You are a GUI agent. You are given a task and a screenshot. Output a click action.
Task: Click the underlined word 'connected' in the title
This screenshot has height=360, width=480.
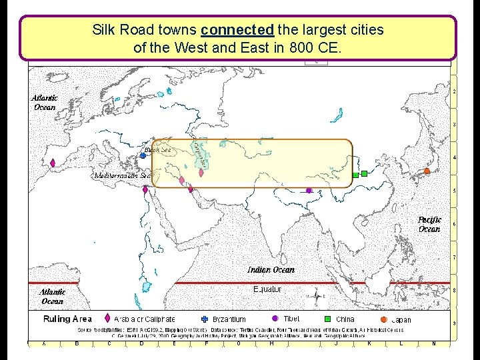(237, 30)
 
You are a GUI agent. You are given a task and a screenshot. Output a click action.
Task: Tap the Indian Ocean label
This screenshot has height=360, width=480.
(271, 270)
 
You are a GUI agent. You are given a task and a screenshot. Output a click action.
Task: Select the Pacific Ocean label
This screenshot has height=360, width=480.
(429, 224)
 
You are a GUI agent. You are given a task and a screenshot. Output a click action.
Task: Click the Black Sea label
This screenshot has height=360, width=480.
(159, 150)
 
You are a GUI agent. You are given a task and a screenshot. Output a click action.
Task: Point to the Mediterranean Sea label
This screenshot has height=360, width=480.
(124, 176)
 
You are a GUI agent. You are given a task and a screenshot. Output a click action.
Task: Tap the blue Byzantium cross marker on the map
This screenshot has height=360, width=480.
(143, 155)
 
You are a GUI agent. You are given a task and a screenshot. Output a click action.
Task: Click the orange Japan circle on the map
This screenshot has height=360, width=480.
(427, 171)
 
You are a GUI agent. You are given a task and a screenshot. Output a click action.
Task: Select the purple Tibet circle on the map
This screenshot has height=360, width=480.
(309, 191)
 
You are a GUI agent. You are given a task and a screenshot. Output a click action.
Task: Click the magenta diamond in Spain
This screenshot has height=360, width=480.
(53, 163)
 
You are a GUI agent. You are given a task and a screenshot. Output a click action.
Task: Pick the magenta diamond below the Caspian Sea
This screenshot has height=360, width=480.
(201, 173)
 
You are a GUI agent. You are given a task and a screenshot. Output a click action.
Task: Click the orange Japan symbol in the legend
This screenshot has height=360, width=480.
(384, 319)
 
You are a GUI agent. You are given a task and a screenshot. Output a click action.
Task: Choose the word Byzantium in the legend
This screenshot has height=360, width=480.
(229, 320)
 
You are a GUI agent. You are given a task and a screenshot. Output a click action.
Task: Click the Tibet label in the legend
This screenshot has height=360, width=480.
(291, 319)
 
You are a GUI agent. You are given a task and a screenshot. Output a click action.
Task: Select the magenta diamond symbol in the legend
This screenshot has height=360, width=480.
(107, 319)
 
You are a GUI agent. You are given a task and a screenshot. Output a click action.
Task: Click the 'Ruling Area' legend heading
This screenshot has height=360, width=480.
(67, 319)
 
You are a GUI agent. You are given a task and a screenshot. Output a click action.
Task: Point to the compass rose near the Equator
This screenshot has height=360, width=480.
(315, 296)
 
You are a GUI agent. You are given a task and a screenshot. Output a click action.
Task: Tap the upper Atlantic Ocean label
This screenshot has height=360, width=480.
(45, 102)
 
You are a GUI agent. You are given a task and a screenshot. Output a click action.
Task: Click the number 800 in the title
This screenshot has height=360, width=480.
(312, 48)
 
